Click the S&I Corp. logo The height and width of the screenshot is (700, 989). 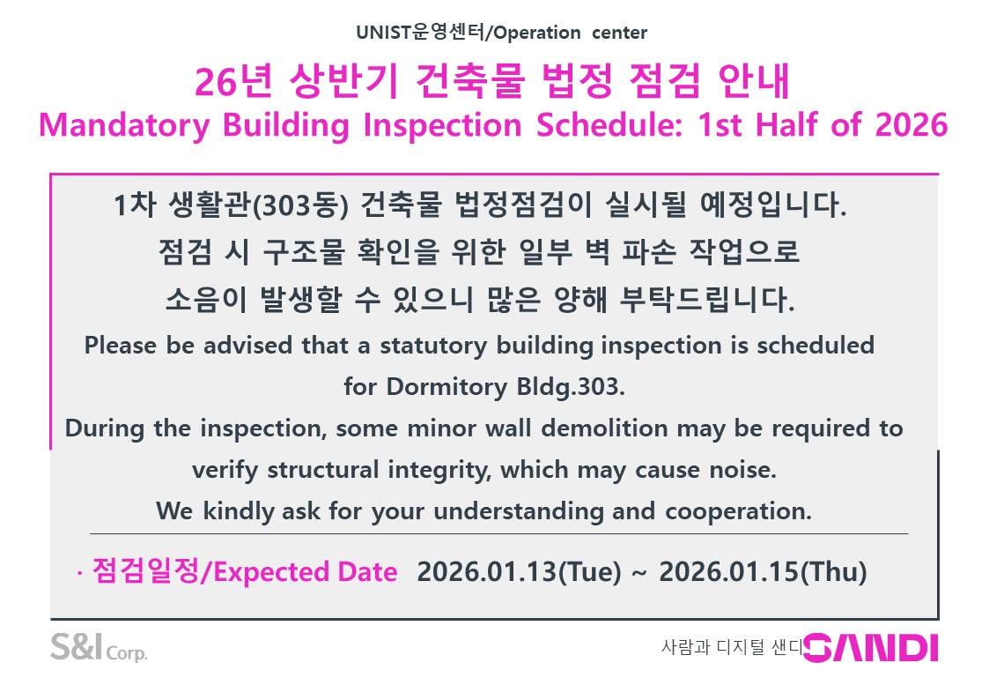(99, 647)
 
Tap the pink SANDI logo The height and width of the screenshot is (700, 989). (871, 648)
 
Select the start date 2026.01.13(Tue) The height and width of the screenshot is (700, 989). (519, 572)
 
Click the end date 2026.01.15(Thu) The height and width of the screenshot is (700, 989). (764, 572)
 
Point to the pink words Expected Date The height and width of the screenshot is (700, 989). (306, 572)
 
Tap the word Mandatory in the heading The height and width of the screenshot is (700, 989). (124, 125)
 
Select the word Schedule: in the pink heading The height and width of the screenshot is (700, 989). (609, 124)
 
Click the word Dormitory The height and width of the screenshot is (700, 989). (447, 387)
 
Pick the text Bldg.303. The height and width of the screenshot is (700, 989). (571, 386)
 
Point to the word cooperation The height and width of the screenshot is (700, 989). (739, 511)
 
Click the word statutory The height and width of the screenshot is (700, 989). (433, 346)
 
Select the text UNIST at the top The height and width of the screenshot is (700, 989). (383, 33)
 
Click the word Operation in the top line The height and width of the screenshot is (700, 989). (536, 33)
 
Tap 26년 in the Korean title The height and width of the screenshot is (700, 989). (233, 81)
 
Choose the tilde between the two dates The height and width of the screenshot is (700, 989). (639, 573)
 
